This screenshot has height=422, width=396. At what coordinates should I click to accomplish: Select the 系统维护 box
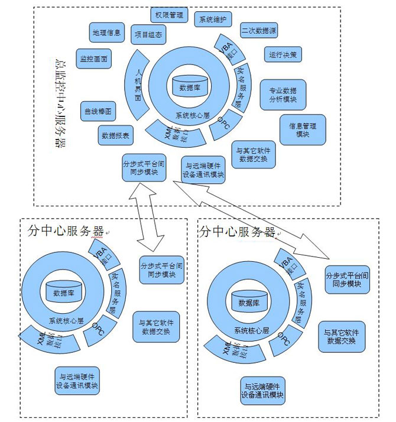(x=213, y=19)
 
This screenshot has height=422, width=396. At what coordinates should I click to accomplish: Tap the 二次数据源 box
(x=259, y=30)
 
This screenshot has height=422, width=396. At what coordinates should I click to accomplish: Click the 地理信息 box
(x=107, y=33)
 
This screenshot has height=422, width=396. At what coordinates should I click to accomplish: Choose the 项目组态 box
(x=147, y=35)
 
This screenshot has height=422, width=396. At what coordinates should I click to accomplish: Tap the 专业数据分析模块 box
(x=283, y=95)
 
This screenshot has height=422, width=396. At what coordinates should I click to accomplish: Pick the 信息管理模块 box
(x=302, y=129)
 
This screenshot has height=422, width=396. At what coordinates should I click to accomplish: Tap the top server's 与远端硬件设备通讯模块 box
(x=204, y=170)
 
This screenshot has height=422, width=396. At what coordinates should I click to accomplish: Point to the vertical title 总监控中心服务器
(x=59, y=100)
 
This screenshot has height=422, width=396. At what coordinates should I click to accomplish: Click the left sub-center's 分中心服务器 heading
(x=65, y=231)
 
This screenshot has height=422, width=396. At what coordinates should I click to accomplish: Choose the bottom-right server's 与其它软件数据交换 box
(x=341, y=337)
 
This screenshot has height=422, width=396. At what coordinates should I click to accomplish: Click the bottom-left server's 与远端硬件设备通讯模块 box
(x=77, y=382)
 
